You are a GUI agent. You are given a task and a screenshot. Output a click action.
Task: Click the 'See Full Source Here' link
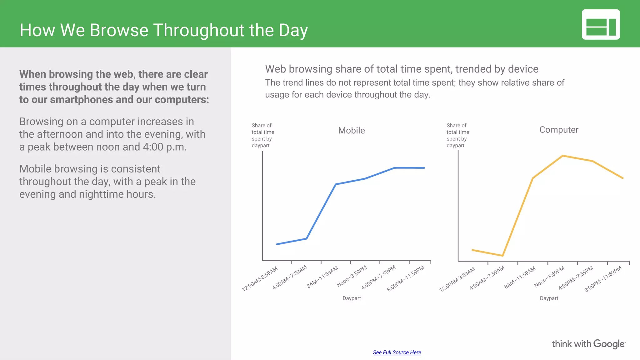tap(397, 352)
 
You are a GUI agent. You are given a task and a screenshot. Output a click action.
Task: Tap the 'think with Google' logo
tap(588, 344)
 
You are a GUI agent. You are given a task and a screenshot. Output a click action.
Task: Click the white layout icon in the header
tap(601, 24)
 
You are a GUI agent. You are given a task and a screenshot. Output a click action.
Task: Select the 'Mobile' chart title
tap(351, 130)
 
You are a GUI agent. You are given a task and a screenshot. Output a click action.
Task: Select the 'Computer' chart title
tap(559, 130)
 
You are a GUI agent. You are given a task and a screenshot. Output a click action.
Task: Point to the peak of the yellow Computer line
tap(562, 156)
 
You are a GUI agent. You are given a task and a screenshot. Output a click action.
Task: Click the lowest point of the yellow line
tap(502, 256)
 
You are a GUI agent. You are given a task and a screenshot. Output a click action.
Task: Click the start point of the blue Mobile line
tap(277, 244)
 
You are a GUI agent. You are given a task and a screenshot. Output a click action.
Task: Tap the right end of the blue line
tap(424, 168)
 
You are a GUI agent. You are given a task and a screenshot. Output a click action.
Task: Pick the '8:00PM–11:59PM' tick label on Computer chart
tap(603, 279)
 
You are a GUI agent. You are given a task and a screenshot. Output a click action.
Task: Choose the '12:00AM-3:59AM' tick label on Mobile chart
tap(260, 279)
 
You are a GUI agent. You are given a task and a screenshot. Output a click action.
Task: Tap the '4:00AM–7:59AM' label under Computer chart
tap(487, 277)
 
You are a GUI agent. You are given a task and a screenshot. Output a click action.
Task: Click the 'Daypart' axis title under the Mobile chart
tap(352, 298)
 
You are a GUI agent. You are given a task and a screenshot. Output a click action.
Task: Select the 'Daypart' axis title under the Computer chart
tap(549, 298)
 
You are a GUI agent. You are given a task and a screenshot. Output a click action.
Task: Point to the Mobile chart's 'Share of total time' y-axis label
tap(262, 135)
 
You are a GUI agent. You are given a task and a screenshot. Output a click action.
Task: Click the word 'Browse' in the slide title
tap(119, 30)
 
